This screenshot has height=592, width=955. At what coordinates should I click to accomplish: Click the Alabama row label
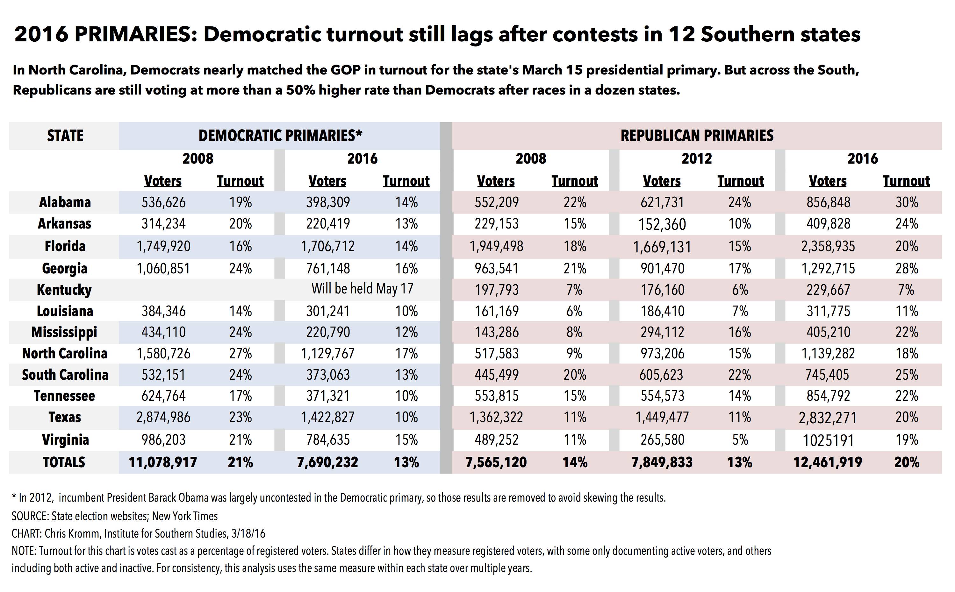point(65,202)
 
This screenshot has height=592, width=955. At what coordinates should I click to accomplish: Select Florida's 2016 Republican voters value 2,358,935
point(828,246)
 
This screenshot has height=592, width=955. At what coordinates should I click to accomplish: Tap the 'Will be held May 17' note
point(363,289)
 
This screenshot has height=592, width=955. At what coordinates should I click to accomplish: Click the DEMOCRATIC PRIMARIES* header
point(281,136)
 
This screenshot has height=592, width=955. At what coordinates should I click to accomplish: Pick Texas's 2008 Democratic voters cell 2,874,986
point(163,417)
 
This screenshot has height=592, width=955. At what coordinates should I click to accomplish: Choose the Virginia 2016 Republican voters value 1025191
point(828,440)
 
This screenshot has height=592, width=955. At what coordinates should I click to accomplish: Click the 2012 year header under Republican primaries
point(697,159)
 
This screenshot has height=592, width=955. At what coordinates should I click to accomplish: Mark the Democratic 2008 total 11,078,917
point(163,462)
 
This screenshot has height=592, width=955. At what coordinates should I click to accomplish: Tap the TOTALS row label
point(64,462)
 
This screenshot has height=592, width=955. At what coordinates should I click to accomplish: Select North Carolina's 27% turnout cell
point(240,354)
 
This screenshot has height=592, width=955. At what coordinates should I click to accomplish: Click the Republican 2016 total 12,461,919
point(828,462)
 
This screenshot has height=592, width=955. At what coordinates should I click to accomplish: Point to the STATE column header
point(65,136)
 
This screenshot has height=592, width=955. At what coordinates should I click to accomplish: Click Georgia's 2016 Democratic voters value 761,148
point(328,269)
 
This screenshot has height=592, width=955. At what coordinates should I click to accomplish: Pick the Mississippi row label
point(64,332)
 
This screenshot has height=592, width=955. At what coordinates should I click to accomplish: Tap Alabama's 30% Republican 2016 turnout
point(906,202)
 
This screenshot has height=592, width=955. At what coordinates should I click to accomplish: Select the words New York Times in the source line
point(185,516)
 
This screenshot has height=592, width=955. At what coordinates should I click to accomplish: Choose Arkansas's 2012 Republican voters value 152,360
point(662,224)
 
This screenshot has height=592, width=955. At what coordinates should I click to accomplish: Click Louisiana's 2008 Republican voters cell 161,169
point(497,311)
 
